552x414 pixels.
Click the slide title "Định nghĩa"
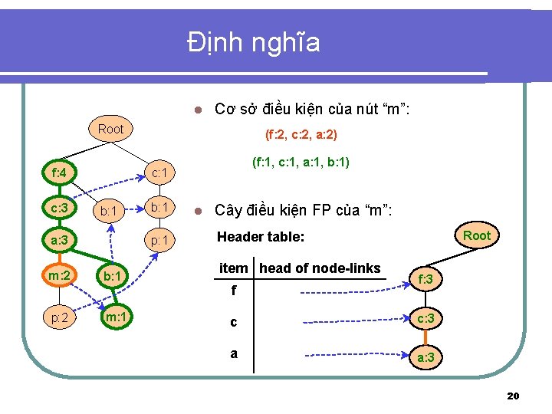[x=254, y=44]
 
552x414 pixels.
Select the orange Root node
[x=476, y=235]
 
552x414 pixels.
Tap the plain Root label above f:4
[x=110, y=129]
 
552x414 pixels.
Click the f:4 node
[x=58, y=172]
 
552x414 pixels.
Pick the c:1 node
[x=159, y=172]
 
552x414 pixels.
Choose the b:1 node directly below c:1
[x=159, y=207]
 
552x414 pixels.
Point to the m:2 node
[x=58, y=275]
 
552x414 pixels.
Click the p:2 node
[x=58, y=317]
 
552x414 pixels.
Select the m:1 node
[x=115, y=317]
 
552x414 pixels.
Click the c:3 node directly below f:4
[x=58, y=207]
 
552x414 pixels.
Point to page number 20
[x=513, y=396]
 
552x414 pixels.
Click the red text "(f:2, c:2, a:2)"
[x=301, y=135]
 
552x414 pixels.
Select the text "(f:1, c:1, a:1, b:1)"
[x=301, y=163]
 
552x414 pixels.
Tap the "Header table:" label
[x=261, y=238]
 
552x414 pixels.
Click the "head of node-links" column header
[x=320, y=268]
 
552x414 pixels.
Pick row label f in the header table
[x=233, y=291]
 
